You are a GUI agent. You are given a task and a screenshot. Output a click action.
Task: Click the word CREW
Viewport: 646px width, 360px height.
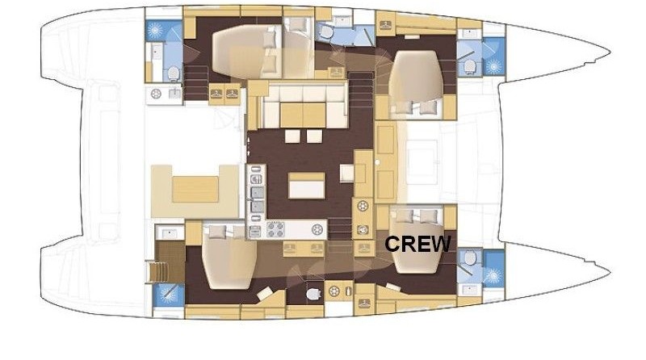tap(417, 244)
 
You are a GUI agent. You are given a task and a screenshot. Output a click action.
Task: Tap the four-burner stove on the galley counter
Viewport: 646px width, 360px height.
tap(275, 229)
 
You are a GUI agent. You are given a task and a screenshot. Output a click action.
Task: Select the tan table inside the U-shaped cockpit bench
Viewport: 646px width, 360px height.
tap(195, 189)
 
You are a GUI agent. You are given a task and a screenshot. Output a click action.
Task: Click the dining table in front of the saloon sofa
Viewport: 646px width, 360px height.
tap(303, 115)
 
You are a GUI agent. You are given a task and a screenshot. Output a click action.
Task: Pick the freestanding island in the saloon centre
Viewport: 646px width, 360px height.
tap(307, 186)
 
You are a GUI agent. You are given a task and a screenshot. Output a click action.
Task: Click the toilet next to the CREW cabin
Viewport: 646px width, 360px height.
tap(470, 257)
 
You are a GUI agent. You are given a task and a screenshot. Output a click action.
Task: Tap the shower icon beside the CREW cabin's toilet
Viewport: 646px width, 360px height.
tap(493, 274)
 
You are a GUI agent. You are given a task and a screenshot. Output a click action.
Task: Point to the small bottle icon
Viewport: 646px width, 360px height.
tap(349, 291)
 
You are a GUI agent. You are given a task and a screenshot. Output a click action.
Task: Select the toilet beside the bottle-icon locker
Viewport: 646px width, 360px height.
tap(313, 293)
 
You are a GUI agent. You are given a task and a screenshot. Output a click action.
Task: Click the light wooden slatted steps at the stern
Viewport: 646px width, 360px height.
tap(157, 272)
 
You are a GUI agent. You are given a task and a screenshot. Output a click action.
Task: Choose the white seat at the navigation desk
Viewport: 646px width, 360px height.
tap(347, 173)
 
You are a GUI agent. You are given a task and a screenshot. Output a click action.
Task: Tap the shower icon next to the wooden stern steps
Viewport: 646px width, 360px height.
tap(168, 295)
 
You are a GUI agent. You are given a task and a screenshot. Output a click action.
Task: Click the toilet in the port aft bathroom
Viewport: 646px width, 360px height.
tap(174, 73)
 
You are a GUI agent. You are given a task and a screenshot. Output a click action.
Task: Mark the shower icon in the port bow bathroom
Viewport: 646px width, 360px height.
tap(493, 66)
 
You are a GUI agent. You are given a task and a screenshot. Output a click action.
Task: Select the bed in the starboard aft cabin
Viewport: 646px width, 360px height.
tap(229, 256)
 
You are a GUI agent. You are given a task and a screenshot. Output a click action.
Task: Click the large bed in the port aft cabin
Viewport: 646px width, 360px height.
tap(248, 52)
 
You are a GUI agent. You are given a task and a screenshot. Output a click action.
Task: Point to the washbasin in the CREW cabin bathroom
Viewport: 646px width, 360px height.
tap(470, 290)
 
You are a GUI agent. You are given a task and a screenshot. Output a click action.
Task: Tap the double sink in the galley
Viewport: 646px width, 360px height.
tap(258, 199)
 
